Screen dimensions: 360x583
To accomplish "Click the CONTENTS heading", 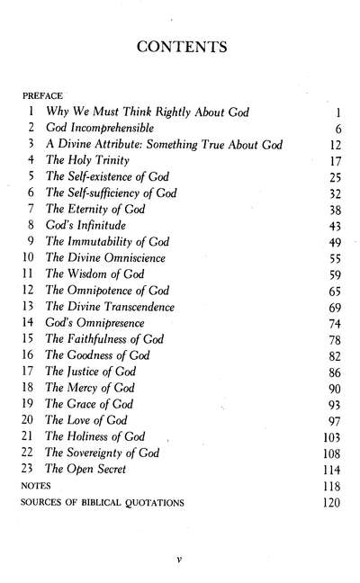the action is (179, 46).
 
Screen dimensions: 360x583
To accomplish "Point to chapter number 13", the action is (30, 307).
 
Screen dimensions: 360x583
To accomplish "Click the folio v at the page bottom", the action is (180, 559).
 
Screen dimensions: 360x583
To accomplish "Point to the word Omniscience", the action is (132, 257).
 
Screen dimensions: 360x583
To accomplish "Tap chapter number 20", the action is (30, 420).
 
